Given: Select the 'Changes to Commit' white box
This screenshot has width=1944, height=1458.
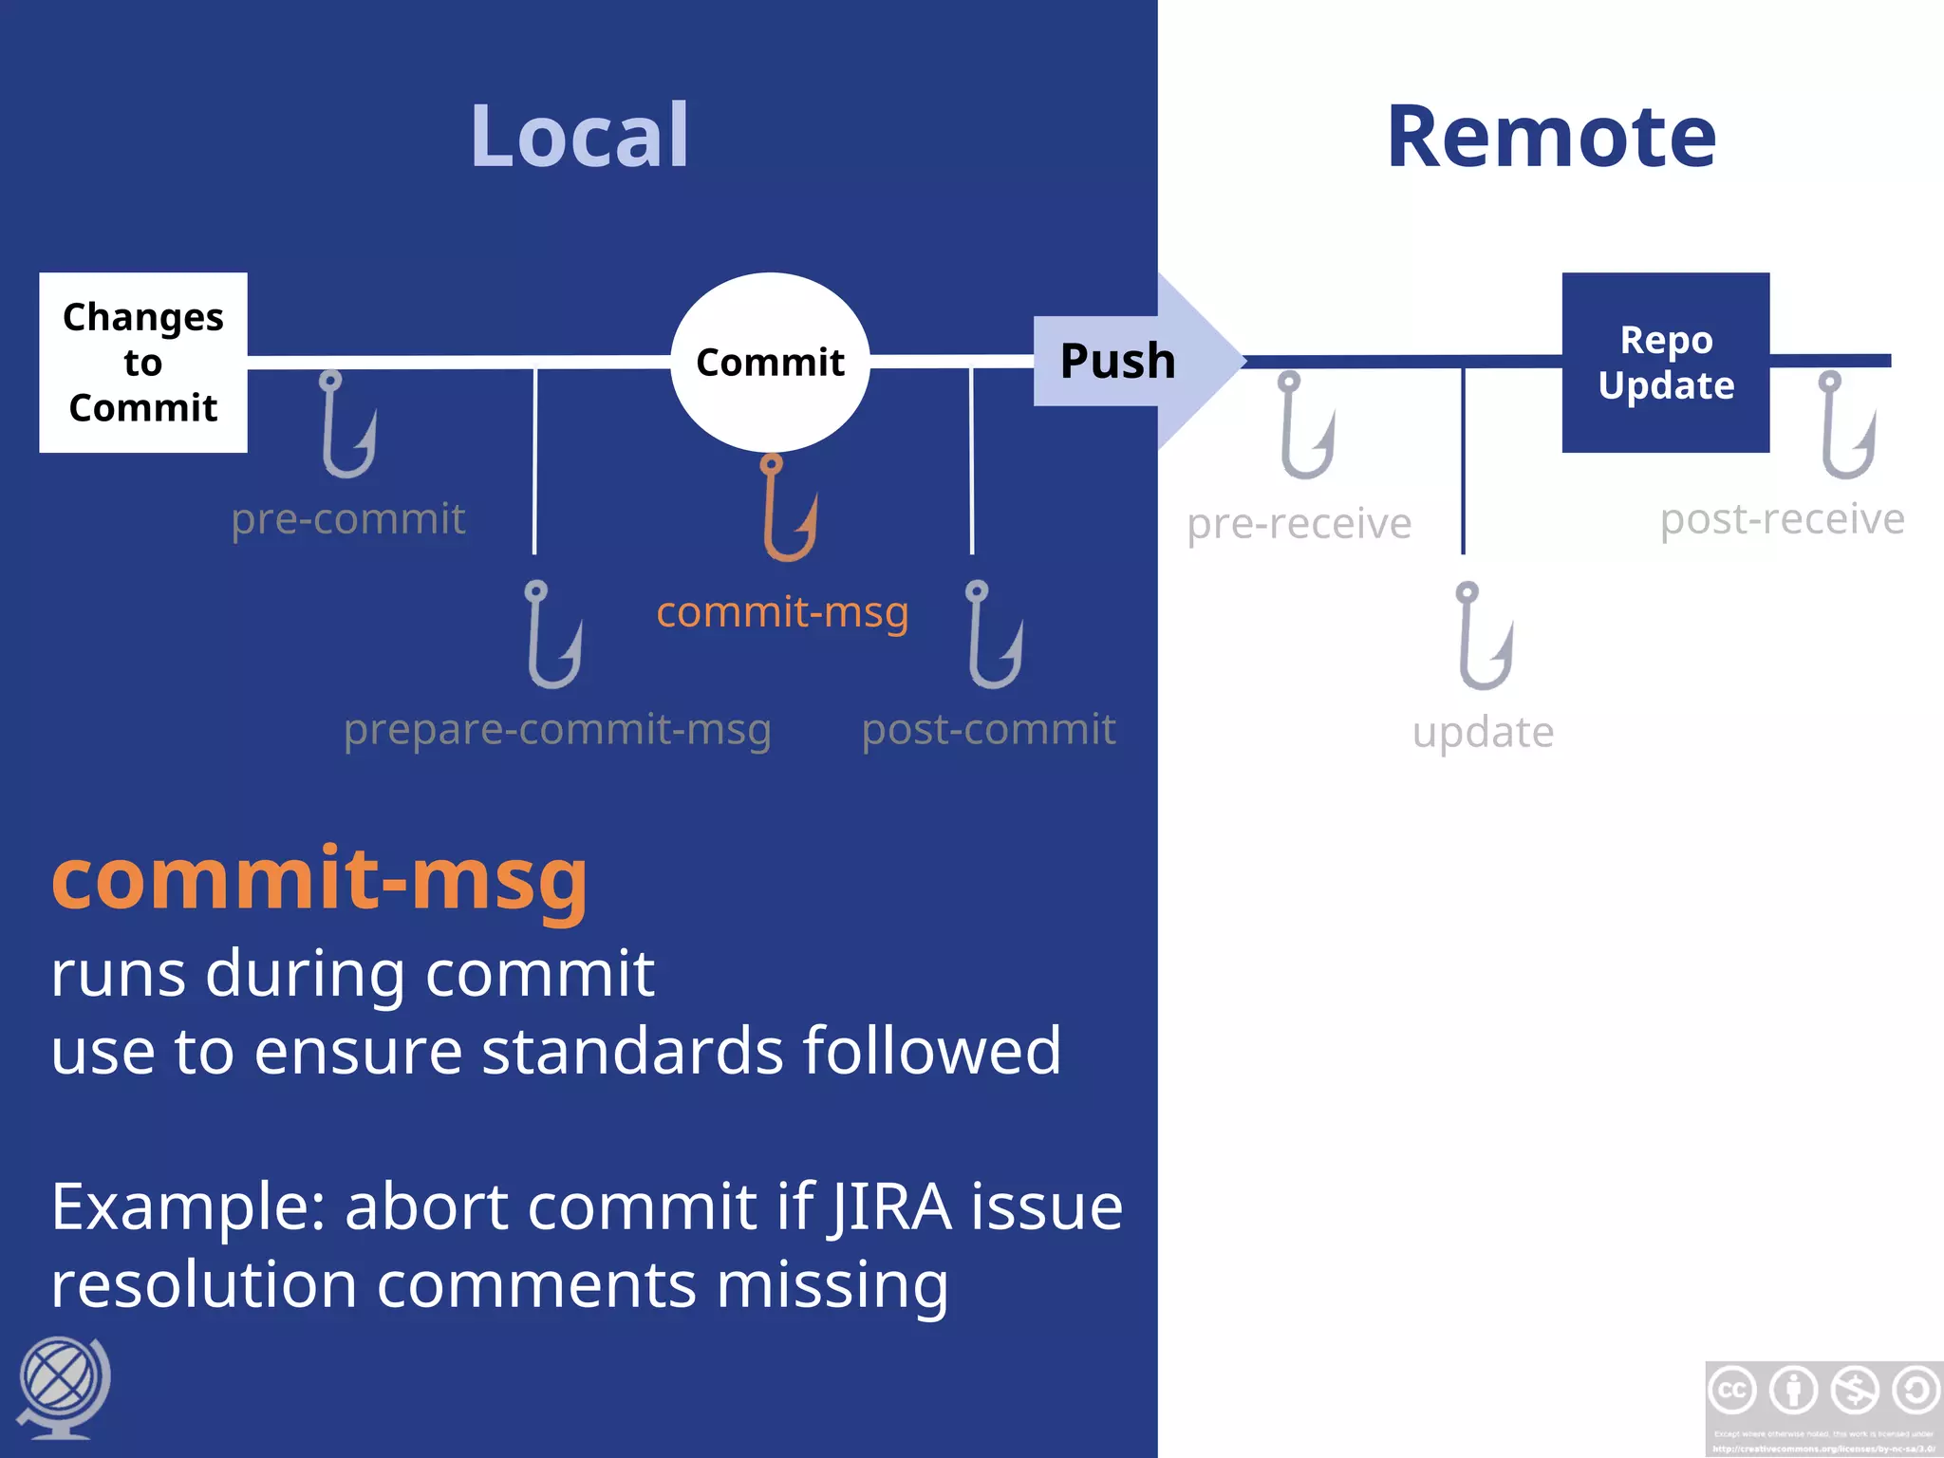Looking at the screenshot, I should coord(143,363).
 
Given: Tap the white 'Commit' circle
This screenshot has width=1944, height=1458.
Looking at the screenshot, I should coord(770,363).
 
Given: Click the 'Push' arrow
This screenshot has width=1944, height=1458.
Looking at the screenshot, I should coord(1130,361).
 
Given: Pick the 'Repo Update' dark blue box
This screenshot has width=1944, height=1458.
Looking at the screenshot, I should coord(1666,363).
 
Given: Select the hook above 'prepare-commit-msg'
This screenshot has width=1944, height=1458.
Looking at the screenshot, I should coord(552,635).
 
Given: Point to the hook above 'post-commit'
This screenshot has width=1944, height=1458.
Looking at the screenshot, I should coord(993,635).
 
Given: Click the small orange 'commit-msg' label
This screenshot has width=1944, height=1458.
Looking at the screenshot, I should coord(782,612).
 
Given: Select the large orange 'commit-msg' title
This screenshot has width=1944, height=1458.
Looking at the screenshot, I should coord(320,881).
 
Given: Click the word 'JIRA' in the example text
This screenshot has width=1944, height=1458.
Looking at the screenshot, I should coord(889,1207).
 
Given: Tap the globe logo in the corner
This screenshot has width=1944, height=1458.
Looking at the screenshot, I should coord(63,1386).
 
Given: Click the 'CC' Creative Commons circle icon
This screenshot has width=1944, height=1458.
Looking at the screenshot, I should coord(1732,1391).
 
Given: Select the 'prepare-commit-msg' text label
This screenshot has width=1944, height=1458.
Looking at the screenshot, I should coord(557,730).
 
